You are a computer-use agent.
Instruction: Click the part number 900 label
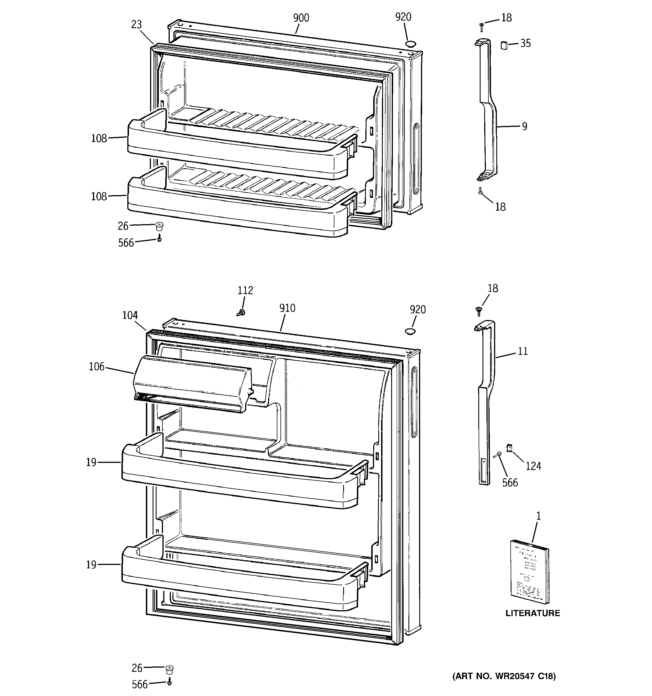(x=301, y=18)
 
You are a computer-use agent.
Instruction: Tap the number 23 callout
(x=137, y=24)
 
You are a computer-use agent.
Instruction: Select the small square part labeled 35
(x=504, y=45)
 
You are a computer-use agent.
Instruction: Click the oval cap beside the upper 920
(x=411, y=44)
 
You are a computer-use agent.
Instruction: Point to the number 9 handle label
(x=524, y=126)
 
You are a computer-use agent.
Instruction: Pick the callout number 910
(x=287, y=308)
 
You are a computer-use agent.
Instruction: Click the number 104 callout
(x=130, y=316)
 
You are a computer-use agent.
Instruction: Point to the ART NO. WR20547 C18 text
(x=504, y=676)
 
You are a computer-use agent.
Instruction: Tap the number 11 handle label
(x=522, y=351)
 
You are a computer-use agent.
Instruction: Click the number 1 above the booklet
(x=539, y=516)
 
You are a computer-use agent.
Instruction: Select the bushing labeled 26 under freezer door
(x=159, y=226)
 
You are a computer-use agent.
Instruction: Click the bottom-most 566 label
(x=140, y=684)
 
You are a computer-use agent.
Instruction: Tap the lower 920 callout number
(x=418, y=310)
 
